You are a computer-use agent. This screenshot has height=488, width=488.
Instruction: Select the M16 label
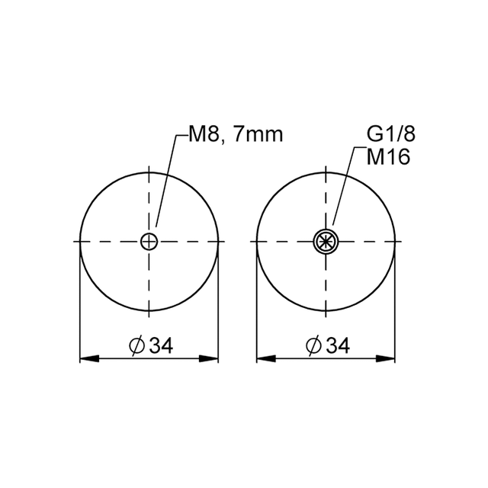[x=388, y=157]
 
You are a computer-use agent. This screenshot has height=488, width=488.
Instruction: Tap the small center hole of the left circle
[x=149, y=242]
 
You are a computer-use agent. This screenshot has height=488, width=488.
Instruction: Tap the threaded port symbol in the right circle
[x=326, y=242]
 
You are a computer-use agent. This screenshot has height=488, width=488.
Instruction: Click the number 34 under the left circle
[x=161, y=345]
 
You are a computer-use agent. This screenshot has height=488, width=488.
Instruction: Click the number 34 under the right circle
[x=336, y=345]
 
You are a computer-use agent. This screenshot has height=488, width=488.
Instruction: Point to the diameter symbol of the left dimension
[x=137, y=346]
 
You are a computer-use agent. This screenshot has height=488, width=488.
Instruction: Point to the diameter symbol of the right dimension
[x=313, y=346]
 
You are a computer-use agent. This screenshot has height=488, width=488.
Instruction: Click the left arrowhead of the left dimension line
[x=88, y=358]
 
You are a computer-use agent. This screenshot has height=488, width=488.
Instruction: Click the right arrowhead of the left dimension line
[x=210, y=358]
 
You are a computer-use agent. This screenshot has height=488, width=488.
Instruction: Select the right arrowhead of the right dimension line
[x=387, y=358]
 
